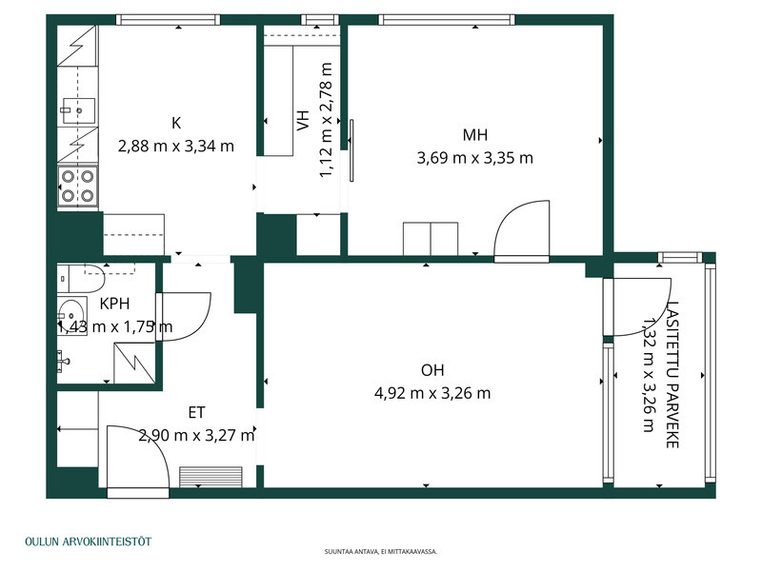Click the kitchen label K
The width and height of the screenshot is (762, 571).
[176, 123]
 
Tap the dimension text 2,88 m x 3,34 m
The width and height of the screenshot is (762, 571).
[176, 146]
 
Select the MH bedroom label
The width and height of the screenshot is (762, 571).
[474, 134]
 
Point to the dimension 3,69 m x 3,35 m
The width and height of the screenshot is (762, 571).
[474, 158]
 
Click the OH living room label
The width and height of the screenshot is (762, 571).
[432, 370]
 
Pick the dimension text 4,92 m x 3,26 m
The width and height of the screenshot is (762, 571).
[432, 393]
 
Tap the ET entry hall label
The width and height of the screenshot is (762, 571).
[196, 413]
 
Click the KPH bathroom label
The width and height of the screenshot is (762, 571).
[114, 304]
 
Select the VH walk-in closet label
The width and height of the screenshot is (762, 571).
[303, 120]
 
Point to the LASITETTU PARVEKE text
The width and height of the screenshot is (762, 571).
[672, 374]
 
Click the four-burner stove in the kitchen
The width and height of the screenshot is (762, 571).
[78, 186]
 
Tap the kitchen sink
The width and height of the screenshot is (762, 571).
[78, 111]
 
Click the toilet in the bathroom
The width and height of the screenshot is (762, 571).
[81, 278]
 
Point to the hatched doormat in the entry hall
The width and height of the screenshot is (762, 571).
[211, 477]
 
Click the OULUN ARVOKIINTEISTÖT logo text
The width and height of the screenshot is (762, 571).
[89, 541]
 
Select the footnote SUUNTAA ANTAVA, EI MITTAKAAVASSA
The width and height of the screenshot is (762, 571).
[381, 552]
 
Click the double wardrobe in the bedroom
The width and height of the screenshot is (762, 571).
[431, 239]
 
